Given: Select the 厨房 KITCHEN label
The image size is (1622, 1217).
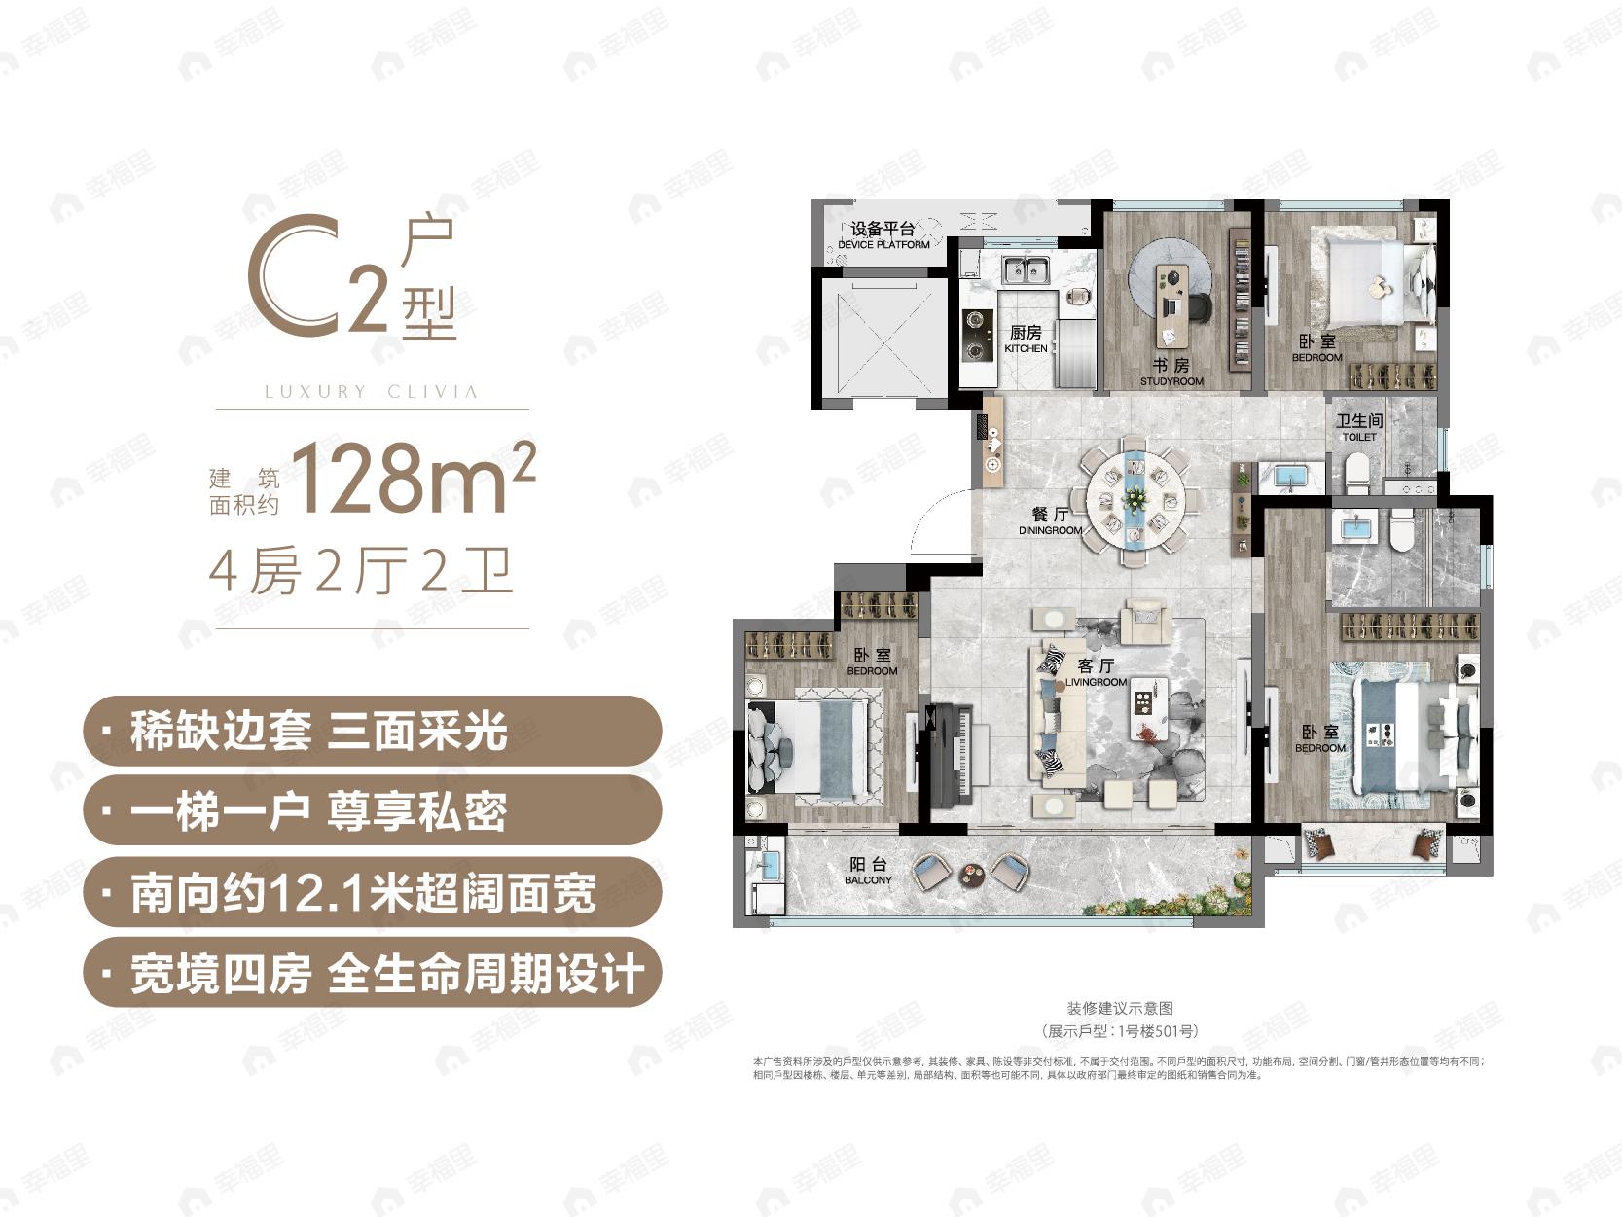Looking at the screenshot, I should pyautogui.click(x=1026, y=340).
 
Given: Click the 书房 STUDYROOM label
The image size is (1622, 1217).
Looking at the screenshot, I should pyautogui.click(x=1171, y=372).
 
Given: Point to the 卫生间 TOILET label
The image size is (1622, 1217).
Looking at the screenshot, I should pyautogui.click(x=1359, y=427).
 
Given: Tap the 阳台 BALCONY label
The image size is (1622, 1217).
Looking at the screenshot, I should pyautogui.click(x=868, y=871).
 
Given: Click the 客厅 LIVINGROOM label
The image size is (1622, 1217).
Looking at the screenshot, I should pyautogui.click(x=1096, y=672).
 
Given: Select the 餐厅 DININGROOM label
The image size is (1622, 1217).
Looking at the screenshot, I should pyautogui.click(x=1050, y=521).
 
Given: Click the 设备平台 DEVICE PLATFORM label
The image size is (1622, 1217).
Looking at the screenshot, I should pyautogui.click(x=883, y=234).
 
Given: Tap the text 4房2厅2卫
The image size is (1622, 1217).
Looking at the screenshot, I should pyautogui.click(x=361, y=571).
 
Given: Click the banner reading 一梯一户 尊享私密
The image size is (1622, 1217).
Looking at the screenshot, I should pyautogui.click(x=373, y=810).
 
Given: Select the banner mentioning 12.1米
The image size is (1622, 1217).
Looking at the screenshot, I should pyautogui.click(x=373, y=892).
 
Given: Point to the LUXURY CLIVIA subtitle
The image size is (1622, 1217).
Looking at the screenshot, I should pyautogui.click(x=372, y=392).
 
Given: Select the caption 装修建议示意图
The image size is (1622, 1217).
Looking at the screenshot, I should pyautogui.click(x=1119, y=1009).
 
